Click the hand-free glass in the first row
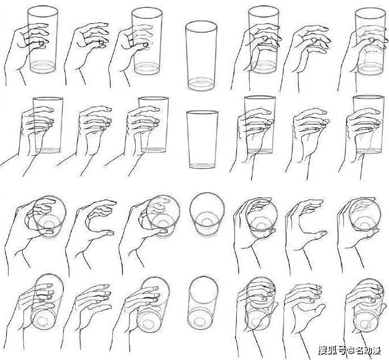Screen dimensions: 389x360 tap(201, 56)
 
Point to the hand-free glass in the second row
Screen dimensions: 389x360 tap(202, 139)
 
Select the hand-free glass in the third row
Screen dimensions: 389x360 tap(207, 214)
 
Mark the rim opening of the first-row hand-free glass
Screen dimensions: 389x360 tap(201, 27)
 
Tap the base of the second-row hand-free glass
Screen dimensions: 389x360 tap(202, 165)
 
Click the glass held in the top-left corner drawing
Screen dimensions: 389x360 tap(43, 40)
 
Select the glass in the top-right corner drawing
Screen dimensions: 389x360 tap(371, 42)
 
